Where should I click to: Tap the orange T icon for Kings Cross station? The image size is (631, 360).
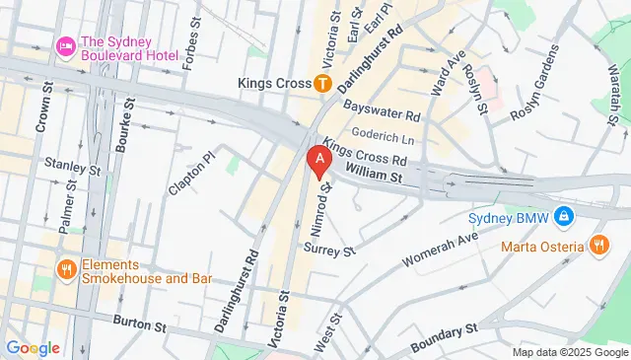pyautogui.click(x=322, y=83)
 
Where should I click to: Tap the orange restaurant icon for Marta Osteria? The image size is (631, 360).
pyautogui.click(x=598, y=245)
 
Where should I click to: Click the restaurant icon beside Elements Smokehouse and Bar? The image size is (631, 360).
pyautogui.click(x=66, y=267)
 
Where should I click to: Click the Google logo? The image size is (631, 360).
pyautogui.click(x=32, y=347)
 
